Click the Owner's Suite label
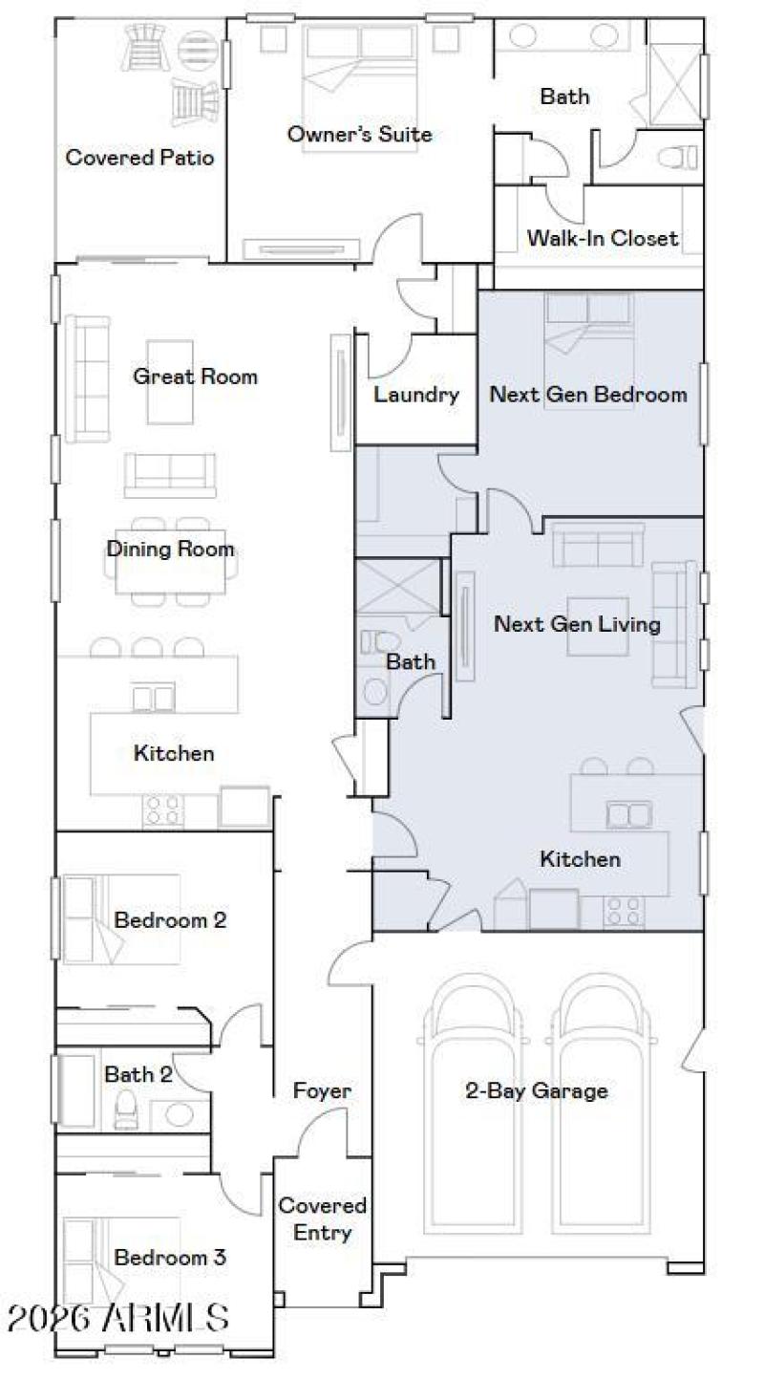click(x=359, y=135)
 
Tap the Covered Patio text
click(x=139, y=158)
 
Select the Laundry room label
click(x=415, y=394)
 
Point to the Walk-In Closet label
click(x=603, y=238)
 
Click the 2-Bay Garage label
click(x=536, y=1090)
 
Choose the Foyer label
click(x=322, y=1090)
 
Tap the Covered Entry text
click(x=322, y=1219)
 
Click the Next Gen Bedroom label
click(x=588, y=394)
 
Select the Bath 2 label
click(x=138, y=1074)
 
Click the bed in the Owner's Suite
click(x=360, y=72)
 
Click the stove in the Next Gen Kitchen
click(x=625, y=911)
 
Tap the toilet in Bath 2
click(x=126, y=1111)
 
